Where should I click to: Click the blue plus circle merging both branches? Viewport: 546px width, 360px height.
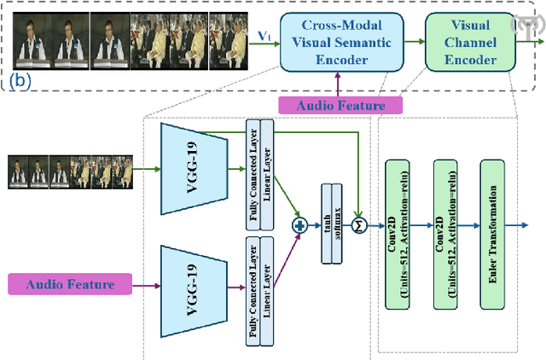[x=299, y=226]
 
